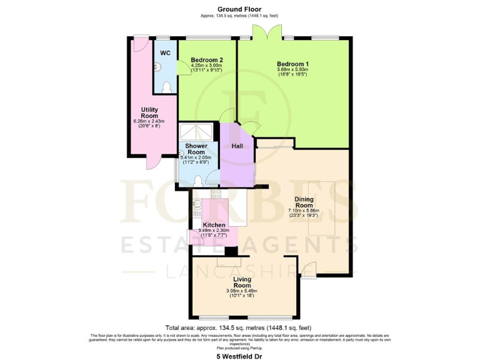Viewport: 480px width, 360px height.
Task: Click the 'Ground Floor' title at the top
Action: (x=239, y=9)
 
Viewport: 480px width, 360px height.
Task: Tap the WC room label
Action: (x=165, y=53)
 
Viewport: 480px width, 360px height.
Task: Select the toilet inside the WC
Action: (x=167, y=87)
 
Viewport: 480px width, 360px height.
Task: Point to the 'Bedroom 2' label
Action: (x=207, y=60)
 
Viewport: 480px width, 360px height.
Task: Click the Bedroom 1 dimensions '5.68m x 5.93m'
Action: (x=292, y=70)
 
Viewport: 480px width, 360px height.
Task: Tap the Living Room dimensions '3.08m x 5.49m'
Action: (x=242, y=291)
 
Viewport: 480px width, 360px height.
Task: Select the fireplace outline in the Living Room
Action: (x=231, y=261)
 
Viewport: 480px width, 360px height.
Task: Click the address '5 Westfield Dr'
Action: (x=239, y=354)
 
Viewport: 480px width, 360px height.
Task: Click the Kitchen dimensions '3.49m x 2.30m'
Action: (x=214, y=231)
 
